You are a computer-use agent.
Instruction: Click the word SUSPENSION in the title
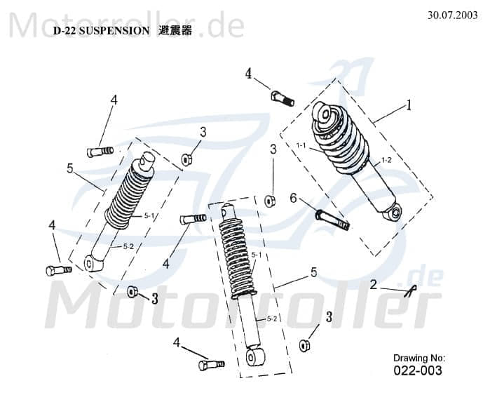click(x=114, y=31)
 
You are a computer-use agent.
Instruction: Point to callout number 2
click(x=373, y=284)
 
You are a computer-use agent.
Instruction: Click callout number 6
click(x=294, y=199)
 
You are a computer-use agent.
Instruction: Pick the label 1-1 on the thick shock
click(x=302, y=146)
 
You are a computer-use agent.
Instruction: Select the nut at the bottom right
click(x=304, y=345)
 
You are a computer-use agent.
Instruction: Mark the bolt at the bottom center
click(x=210, y=364)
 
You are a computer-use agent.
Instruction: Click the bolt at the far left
click(x=57, y=270)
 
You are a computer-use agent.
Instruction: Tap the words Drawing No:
click(x=418, y=358)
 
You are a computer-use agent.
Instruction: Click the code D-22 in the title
click(x=65, y=31)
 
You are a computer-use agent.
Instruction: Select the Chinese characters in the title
click(x=175, y=31)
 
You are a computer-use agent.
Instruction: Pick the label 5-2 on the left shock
click(x=128, y=246)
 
